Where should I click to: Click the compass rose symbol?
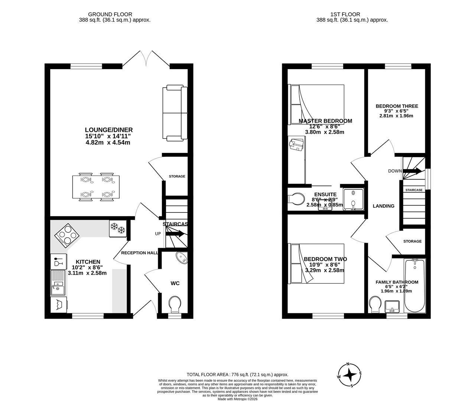tap(349, 375)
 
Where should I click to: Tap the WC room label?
tap(175, 283)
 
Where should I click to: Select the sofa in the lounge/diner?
tap(177, 113)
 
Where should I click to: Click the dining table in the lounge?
tap(96, 187)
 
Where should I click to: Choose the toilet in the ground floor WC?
tap(174, 304)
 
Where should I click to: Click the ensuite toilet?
tap(296, 199)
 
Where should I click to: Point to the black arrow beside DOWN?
tap(412, 171)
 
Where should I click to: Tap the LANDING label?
tap(383, 206)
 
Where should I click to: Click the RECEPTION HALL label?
tap(140, 253)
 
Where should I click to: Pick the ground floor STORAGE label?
tap(177, 176)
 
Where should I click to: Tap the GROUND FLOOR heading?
tap(115, 14)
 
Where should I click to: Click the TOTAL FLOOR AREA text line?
tap(237, 375)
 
